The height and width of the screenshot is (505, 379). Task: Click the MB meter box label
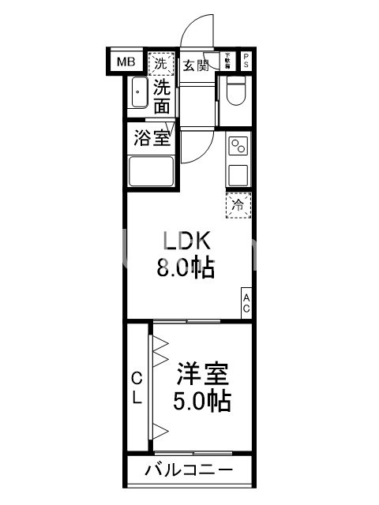(126, 62)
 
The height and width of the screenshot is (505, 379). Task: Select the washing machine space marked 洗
(161, 63)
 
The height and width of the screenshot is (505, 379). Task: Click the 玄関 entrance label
(196, 65)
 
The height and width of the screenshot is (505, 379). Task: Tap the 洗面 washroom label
(162, 96)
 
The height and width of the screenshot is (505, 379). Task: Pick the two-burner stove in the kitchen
(238, 146)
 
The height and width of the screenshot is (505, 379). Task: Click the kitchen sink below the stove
(238, 173)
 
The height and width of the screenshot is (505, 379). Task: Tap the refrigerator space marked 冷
(238, 204)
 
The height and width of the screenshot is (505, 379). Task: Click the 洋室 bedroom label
(202, 372)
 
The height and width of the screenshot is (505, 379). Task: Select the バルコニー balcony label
(189, 470)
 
